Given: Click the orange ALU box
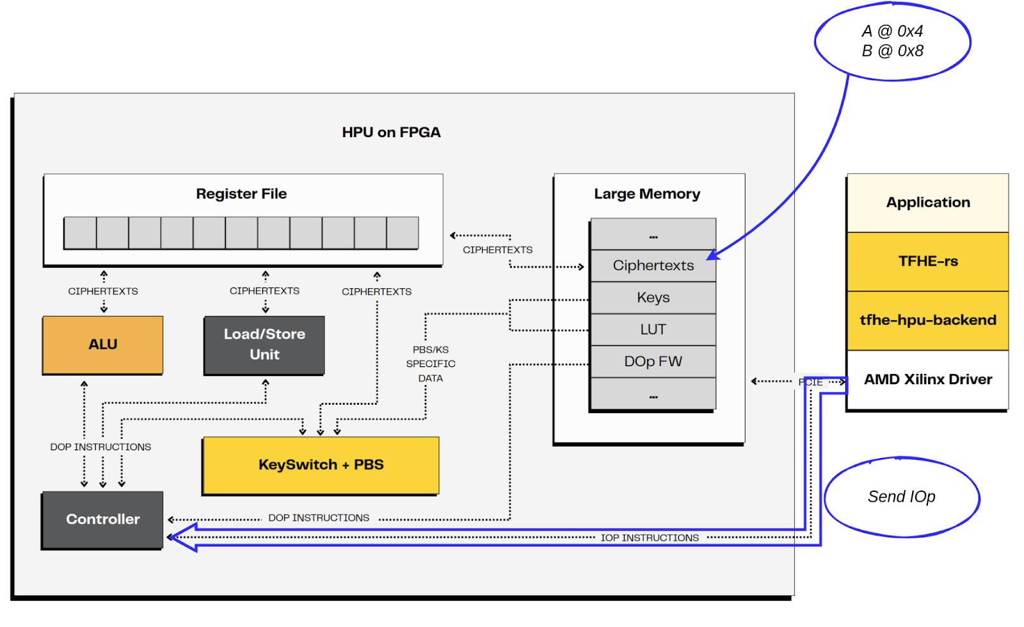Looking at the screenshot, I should point(102,345).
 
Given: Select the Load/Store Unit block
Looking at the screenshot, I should point(264,345).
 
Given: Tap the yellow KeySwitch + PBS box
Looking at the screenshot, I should point(321,465).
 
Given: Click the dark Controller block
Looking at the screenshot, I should point(102,519).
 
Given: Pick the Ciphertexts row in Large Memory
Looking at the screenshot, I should point(653,266).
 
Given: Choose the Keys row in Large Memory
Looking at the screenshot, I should point(653,298).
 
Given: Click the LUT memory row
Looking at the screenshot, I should point(653,330).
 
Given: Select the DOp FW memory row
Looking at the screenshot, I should point(653,362).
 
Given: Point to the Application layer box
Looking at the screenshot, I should point(927,203).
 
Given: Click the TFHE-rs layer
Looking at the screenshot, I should point(927,261).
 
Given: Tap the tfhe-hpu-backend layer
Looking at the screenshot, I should point(927,320).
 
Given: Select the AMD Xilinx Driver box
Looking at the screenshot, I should point(927,380).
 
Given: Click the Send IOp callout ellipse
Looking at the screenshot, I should point(901,497).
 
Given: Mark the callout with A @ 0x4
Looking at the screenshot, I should point(892,42).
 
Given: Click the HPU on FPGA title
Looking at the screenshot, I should point(391,133).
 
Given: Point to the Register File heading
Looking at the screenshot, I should point(241,194).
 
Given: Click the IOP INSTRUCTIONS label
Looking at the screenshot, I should point(649,538).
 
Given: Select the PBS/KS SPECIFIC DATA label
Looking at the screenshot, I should point(431,364).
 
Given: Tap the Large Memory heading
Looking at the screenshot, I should point(647,194).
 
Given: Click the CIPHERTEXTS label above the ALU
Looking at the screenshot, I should point(103,291).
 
